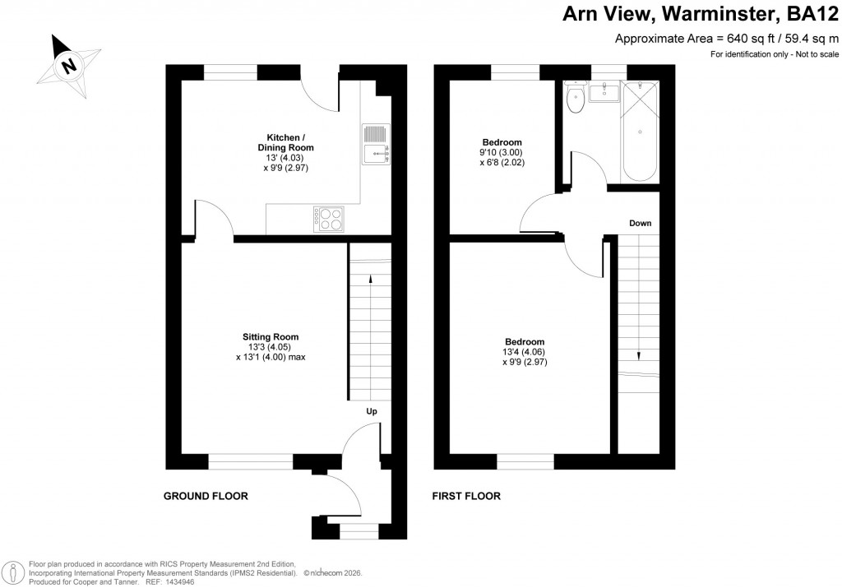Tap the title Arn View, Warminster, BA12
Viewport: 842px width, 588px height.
pyautogui.click(x=700, y=14)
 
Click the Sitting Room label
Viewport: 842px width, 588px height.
pyautogui.click(x=270, y=336)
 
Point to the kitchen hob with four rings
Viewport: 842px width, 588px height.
pyautogui.click(x=329, y=218)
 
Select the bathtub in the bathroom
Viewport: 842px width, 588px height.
pyautogui.click(x=640, y=132)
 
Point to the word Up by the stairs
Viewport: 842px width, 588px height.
pyautogui.click(x=372, y=411)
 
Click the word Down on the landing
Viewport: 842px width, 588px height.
pyautogui.click(x=641, y=223)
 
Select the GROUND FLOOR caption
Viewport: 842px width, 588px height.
pyautogui.click(x=206, y=496)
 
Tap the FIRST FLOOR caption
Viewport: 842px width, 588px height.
pyautogui.click(x=466, y=496)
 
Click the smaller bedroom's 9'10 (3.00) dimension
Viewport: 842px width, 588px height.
pyautogui.click(x=502, y=152)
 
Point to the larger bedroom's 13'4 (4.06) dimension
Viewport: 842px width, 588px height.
pyautogui.click(x=525, y=352)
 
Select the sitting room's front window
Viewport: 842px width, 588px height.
pyautogui.click(x=250, y=461)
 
